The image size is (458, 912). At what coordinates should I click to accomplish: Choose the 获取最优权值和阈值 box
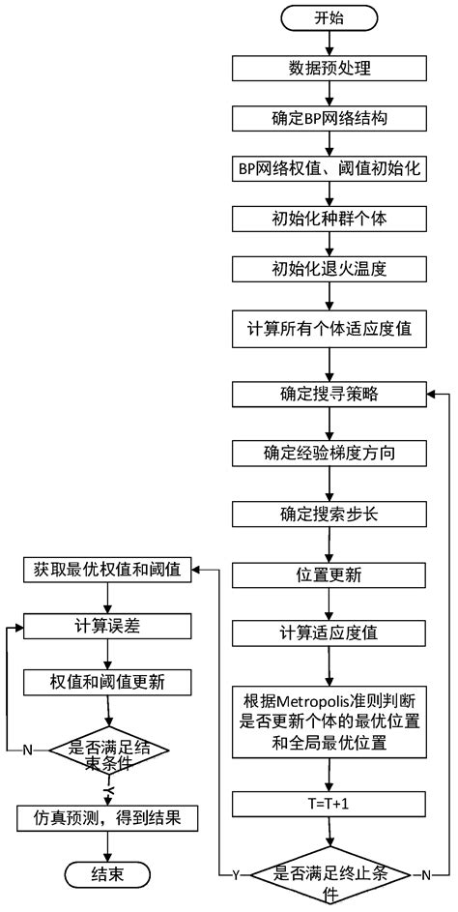pos(108,571)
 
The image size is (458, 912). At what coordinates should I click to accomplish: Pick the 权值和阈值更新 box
pos(108,682)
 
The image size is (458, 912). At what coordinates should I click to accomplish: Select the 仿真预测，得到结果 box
pos(108,818)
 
